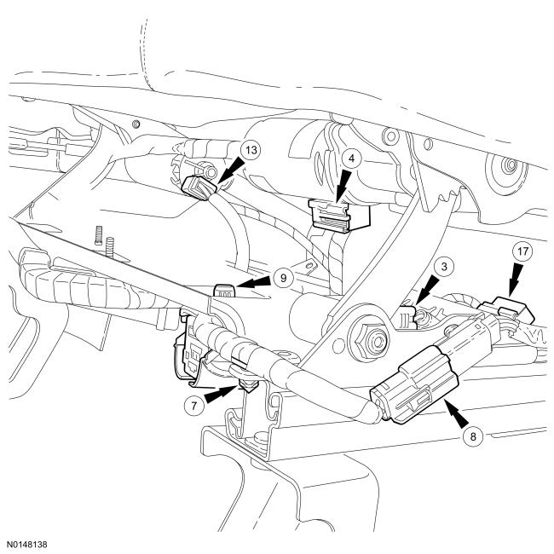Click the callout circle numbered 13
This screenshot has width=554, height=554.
coord(251,150)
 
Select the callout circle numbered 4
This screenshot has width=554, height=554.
coord(351,158)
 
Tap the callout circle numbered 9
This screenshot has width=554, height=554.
coord(283,278)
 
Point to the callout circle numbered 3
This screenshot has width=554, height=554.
coord(444,266)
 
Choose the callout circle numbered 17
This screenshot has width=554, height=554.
coord(523,251)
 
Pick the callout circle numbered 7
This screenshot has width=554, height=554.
coord(194,405)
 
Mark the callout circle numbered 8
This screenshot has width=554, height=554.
coord(473,436)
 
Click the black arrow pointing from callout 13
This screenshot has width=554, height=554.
coord(230,171)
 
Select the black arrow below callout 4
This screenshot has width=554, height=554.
coord(344,187)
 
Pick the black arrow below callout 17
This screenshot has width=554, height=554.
coord(514,280)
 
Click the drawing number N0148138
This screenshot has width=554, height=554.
coord(27,544)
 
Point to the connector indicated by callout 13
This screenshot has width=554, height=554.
coord(199,188)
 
